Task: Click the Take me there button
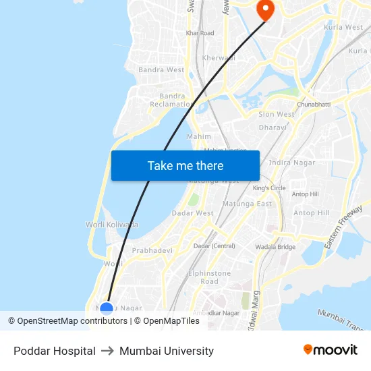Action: [185, 165]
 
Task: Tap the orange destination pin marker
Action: [265, 9]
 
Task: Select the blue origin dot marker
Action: [107, 309]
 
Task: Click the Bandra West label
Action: [161, 69]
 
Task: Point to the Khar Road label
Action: [200, 33]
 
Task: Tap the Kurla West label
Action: [344, 28]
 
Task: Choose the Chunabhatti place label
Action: [314, 105]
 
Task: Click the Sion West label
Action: [277, 115]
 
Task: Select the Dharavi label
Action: [273, 127]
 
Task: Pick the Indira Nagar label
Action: [292, 163]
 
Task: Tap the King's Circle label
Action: [269, 188]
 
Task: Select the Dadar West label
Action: [192, 213]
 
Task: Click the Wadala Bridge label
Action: [275, 247]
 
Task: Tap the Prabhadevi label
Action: [152, 250]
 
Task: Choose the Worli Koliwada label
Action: [112, 225]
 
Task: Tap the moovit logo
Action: [330, 350]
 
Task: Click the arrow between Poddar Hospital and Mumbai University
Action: [107, 351]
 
